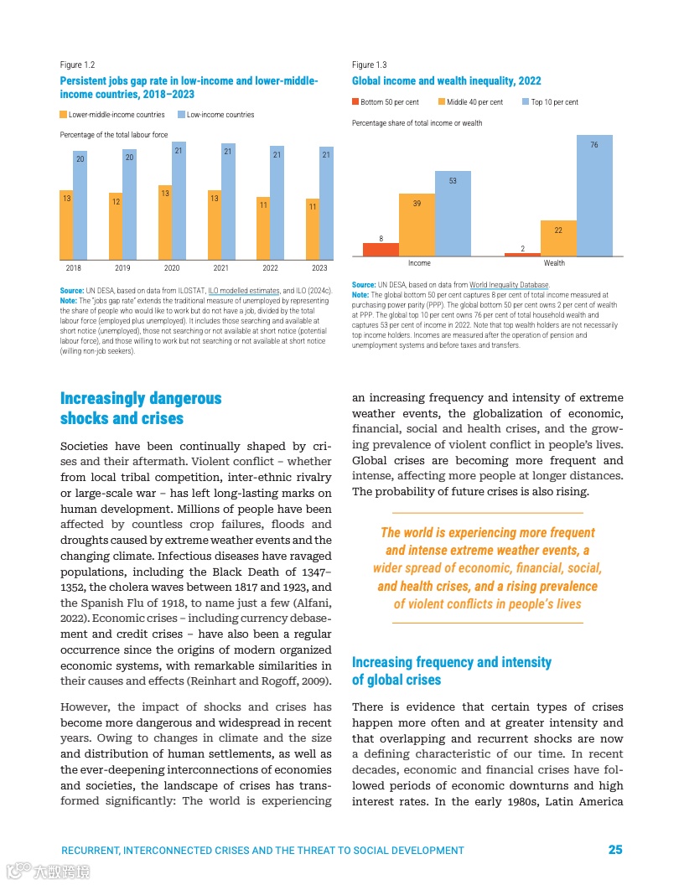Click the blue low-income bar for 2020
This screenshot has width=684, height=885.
click(x=179, y=200)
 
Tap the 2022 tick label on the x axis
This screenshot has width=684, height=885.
click(x=270, y=268)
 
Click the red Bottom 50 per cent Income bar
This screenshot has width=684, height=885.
click(x=381, y=250)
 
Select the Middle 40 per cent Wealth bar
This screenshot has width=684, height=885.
click(x=558, y=237)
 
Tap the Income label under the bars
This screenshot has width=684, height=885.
click(x=419, y=263)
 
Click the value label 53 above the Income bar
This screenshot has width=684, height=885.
click(x=453, y=181)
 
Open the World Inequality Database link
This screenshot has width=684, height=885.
click(x=509, y=286)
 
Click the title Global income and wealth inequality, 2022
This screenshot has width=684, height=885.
click(x=447, y=81)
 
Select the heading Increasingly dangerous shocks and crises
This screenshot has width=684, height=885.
click(x=141, y=408)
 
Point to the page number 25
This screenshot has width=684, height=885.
click(x=615, y=850)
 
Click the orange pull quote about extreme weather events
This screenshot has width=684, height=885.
click(x=487, y=568)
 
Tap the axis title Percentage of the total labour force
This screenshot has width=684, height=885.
click(x=114, y=135)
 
